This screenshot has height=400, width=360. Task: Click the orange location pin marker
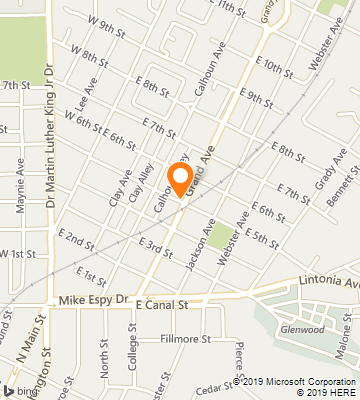click(180, 177)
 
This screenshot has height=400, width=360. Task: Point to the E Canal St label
click(162, 303)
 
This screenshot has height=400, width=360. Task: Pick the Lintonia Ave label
click(335, 282)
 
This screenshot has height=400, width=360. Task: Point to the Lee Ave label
click(84, 99)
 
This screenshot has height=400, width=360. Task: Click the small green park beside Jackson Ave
click(219, 238)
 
